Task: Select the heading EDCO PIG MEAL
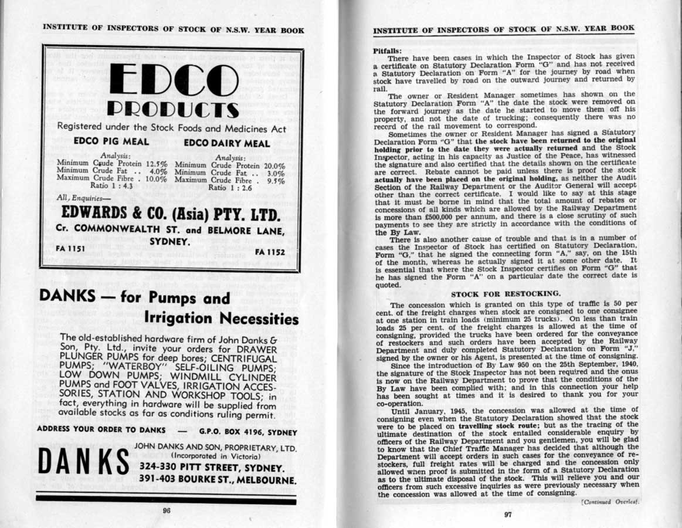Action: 111,141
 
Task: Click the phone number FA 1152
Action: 270,252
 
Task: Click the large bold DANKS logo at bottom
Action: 83,463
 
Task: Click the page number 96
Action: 167,510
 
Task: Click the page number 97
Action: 508,515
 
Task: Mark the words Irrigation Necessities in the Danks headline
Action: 221,319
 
